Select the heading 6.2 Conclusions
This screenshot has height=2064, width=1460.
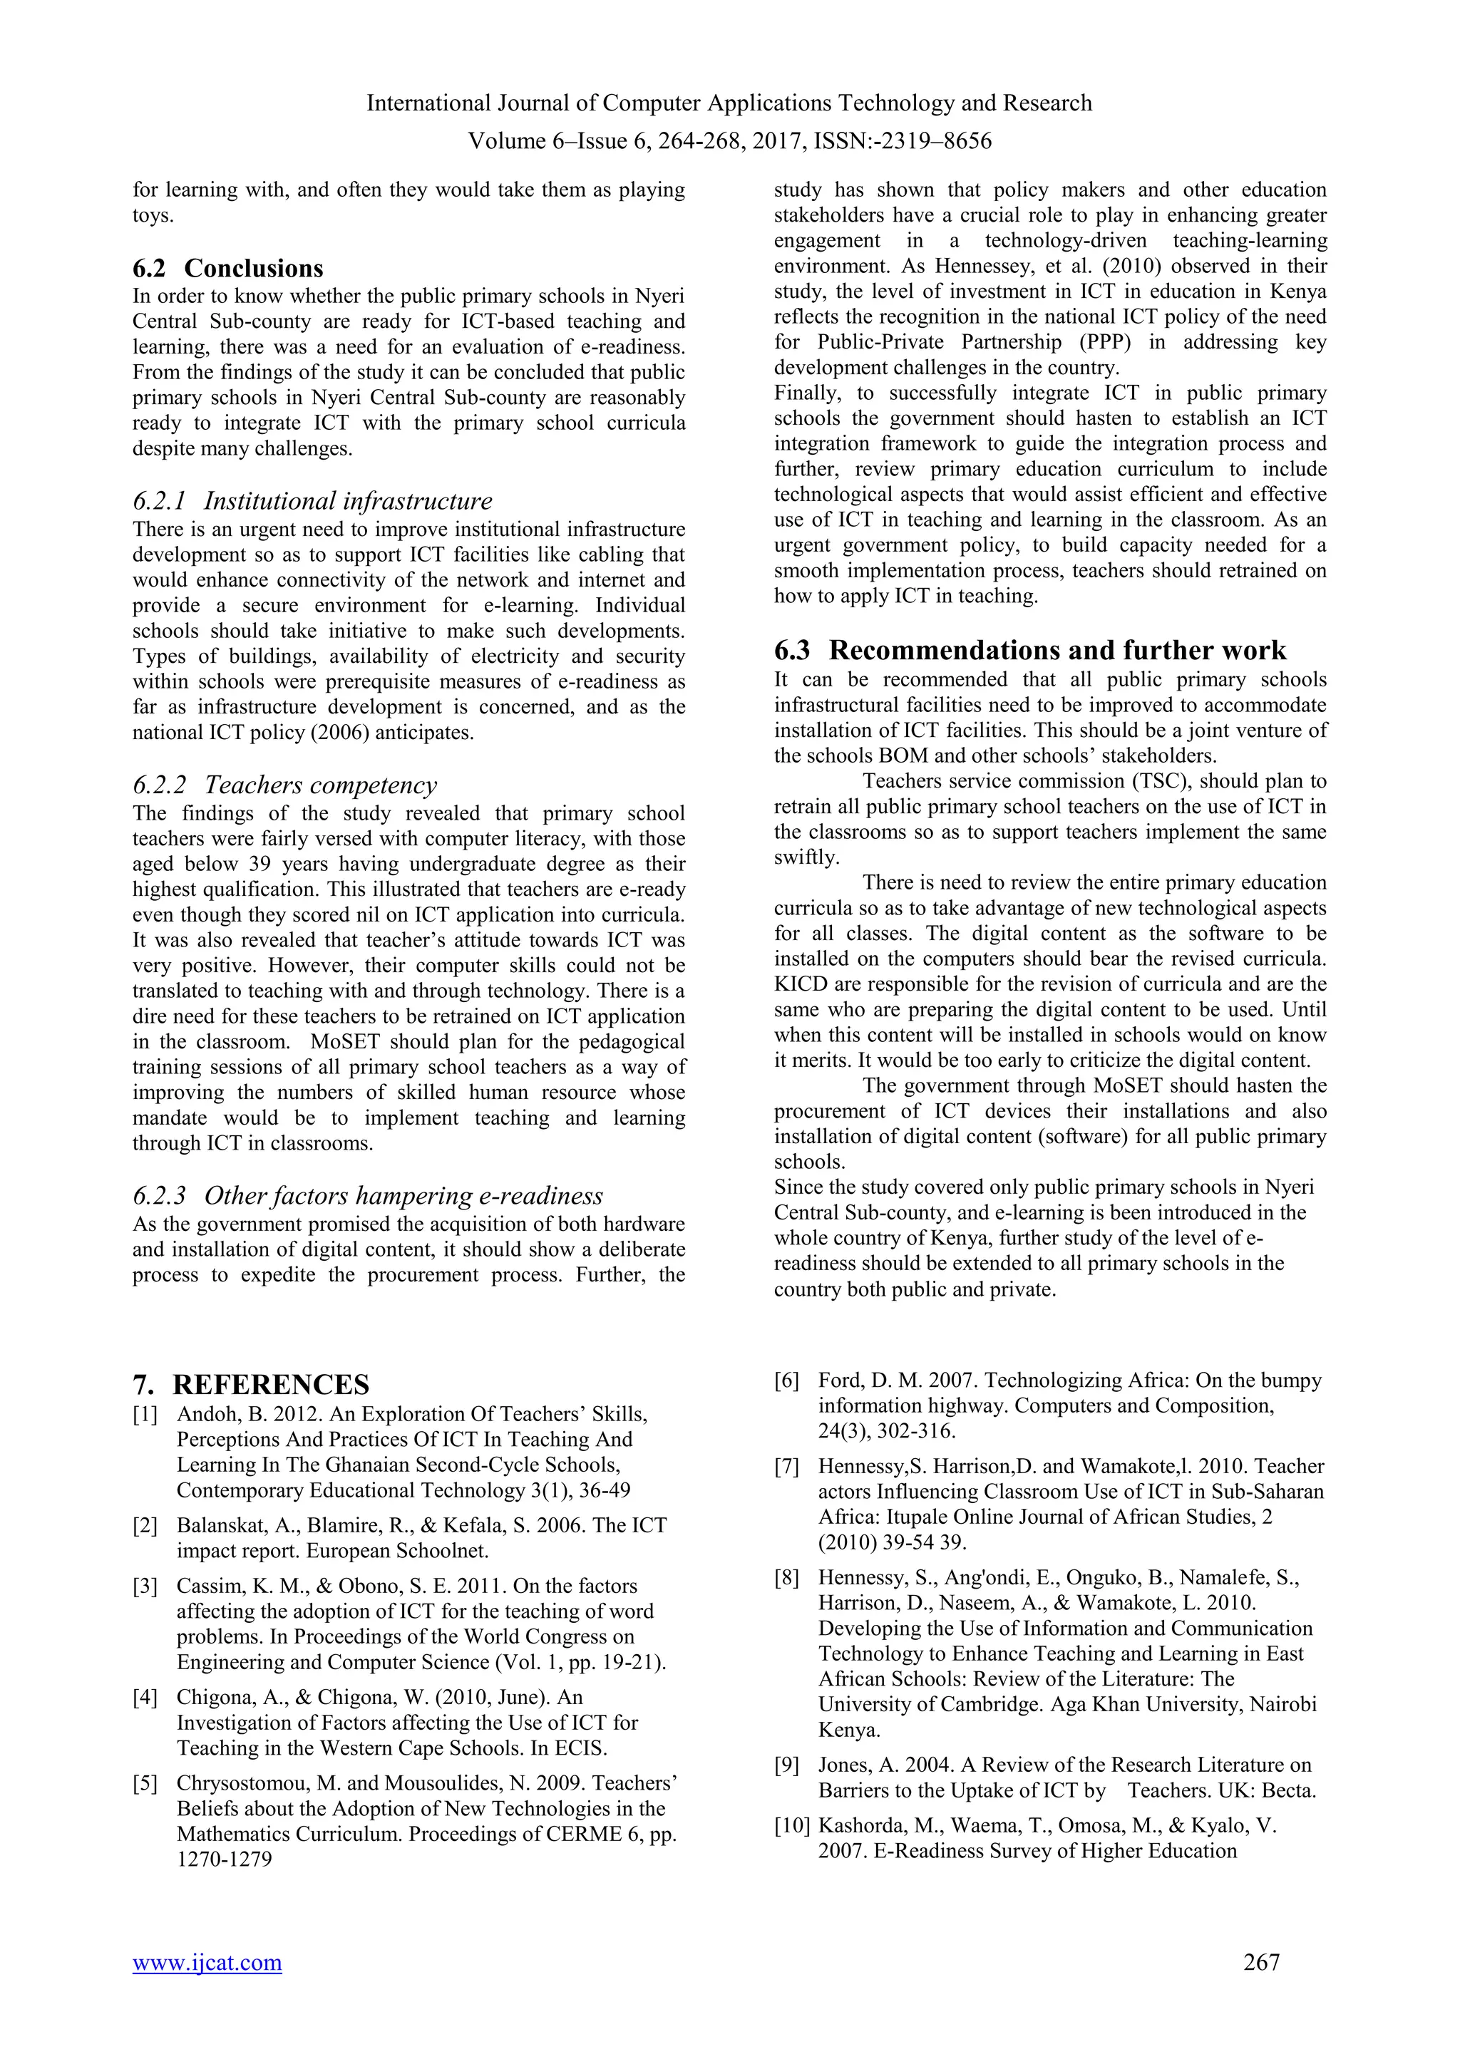[228, 268]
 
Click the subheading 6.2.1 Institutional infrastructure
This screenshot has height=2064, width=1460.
[313, 501]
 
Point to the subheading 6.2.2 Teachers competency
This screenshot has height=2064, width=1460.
[285, 785]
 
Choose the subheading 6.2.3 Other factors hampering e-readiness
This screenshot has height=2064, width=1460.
[368, 1196]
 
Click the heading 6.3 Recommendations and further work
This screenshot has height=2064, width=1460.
[1029, 650]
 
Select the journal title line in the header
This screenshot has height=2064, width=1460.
[729, 103]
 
